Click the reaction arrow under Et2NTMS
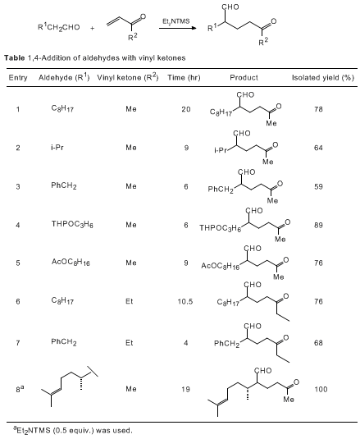[178, 28]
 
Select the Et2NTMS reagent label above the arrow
[176, 21]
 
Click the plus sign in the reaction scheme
[93, 28]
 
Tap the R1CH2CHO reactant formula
[59, 27]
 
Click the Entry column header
[18, 78]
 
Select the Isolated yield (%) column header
[323, 78]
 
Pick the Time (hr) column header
[184, 78]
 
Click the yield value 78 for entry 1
[318, 109]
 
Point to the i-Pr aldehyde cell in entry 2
[57, 147]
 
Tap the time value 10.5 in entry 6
[185, 301]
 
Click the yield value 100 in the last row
[321, 389]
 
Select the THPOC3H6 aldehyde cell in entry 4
[72, 224]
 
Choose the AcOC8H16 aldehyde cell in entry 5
[71, 262]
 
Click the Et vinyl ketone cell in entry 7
[130, 343]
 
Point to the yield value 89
[318, 225]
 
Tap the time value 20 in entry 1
[186, 109]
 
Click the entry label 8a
[20, 389]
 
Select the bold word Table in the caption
[15, 58]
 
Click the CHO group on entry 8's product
[262, 371]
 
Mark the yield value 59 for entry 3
[318, 186]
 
